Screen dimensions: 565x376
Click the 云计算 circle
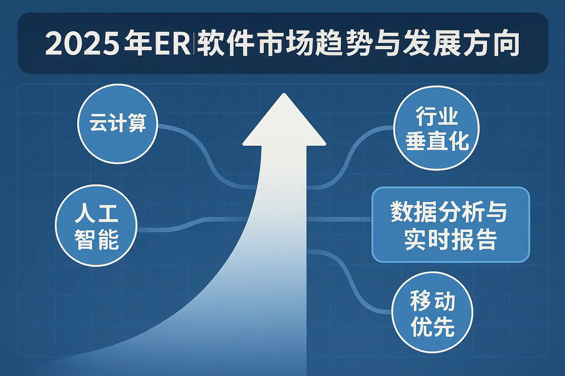point(118,124)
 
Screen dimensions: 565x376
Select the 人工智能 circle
point(96,225)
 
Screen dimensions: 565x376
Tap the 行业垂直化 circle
point(436,128)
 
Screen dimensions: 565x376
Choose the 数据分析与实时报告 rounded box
point(451,225)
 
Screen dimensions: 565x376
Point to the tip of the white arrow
point(284,93)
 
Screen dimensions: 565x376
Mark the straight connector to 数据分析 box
point(340,220)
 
